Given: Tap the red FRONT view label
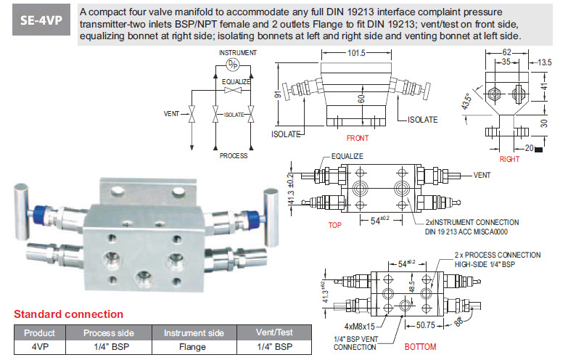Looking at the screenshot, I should [x=357, y=137].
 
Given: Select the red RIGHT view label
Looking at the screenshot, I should [x=510, y=159].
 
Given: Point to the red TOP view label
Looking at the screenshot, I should [x=334, y=225].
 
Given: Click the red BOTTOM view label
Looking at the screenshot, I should [x=420, y=347].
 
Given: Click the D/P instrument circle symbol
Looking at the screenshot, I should [x=231, y=64].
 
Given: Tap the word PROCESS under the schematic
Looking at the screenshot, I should [x=233, y=155].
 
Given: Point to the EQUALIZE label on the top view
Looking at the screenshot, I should [x=349, y=156].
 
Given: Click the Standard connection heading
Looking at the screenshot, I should [x=69, y=314].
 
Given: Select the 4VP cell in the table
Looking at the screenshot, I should [x=40, y=346].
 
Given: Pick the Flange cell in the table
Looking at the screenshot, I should [x=193, y=346].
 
